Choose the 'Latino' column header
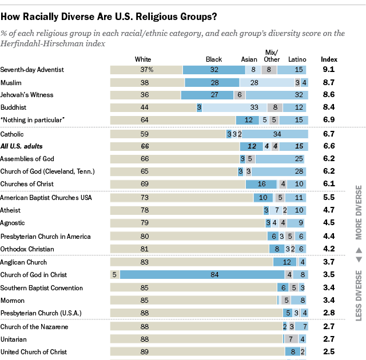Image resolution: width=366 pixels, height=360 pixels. click(297, 59)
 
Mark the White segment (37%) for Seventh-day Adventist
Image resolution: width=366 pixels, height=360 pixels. click(146, 70)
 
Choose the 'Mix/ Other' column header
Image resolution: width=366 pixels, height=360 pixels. click(272, 55)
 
